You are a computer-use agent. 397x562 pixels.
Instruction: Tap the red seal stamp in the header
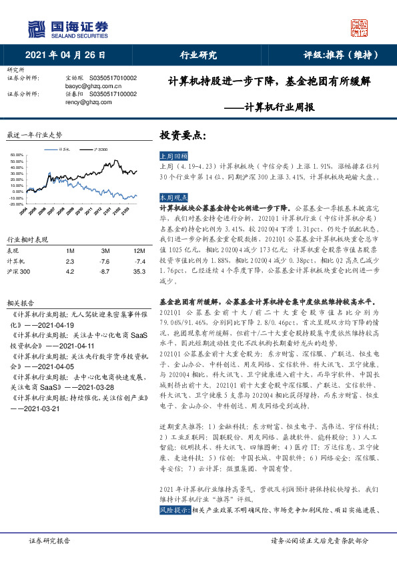360,28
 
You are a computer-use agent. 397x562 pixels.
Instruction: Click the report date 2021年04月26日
65,55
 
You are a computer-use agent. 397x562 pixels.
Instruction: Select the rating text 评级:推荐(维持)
338,55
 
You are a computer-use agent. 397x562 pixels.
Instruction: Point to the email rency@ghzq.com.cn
89,102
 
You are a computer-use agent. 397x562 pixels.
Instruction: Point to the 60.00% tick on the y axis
17,156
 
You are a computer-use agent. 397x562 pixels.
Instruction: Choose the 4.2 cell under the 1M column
71,272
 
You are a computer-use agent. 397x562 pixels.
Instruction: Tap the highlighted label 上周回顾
172,154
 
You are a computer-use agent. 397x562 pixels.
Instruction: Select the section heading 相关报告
17,302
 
